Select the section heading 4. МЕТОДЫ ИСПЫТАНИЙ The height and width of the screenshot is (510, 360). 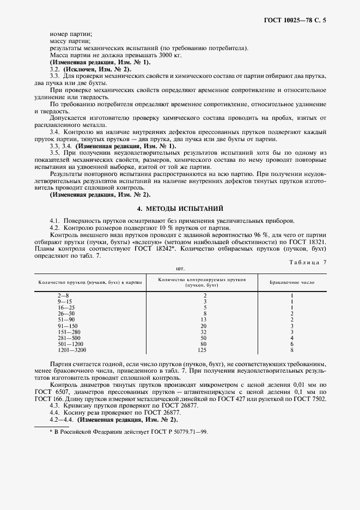point(180,209)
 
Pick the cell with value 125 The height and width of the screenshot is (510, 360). point(204,350)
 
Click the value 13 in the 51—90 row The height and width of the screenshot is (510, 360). point(204,319)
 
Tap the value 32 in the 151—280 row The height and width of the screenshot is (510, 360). point(204,332)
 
